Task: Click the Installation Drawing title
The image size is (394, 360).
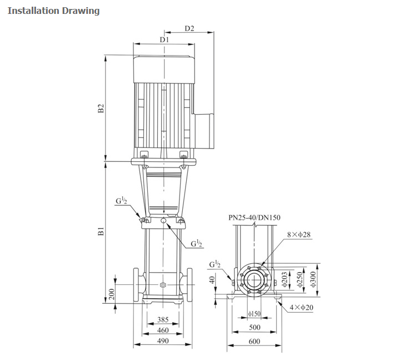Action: [54, 11]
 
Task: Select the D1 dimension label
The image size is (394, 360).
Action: [164, 40]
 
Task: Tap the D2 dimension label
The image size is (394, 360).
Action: [189, 28]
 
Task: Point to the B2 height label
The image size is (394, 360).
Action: [101, 109]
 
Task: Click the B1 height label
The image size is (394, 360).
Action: [101, 231]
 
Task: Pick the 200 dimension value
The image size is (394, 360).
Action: [111, 294]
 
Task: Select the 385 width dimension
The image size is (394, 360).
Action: [162, 319]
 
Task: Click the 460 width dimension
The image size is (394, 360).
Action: [162, 331]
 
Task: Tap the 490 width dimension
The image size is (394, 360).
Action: [162, 341]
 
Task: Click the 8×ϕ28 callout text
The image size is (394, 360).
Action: [299, 235]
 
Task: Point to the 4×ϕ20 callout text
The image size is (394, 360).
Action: [301, 307]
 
